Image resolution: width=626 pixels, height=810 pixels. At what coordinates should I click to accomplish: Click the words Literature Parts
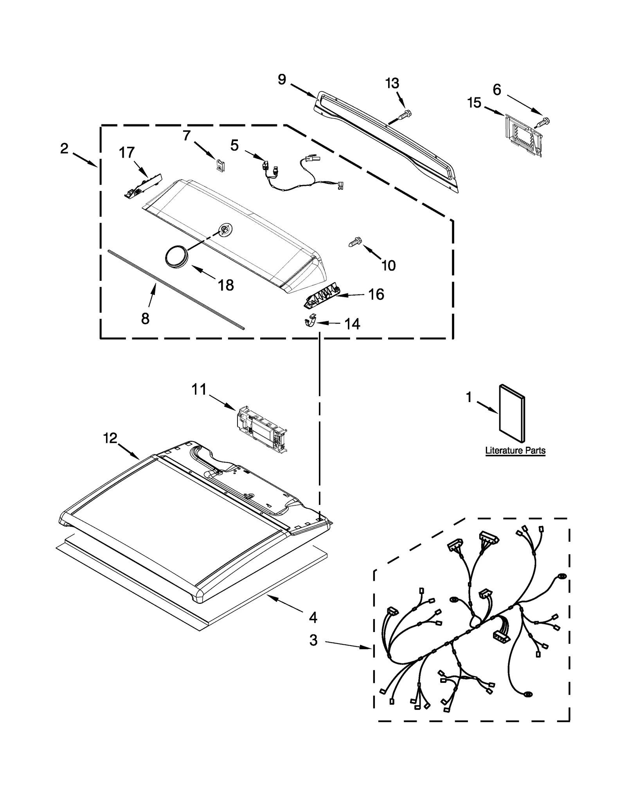click(x=515, y=451)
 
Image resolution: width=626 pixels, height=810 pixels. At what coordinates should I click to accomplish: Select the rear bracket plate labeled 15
click(x=523, y=135)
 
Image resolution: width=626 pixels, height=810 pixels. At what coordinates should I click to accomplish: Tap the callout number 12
click(x=110, y=438)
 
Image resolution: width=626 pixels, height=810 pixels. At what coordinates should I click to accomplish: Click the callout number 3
click(x=313, y=641)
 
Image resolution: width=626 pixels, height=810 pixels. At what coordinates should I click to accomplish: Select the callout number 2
click(x=64, y=149)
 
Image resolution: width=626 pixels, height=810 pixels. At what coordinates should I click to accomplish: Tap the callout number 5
click(x=234, y=145)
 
